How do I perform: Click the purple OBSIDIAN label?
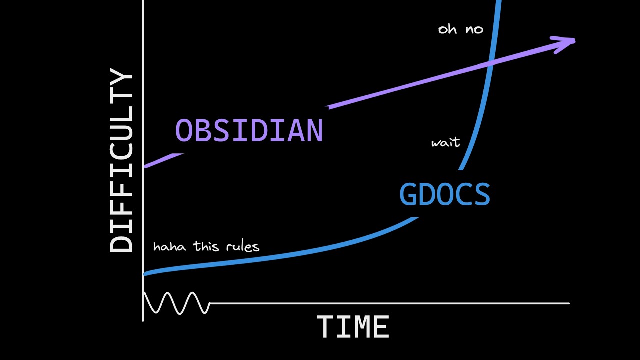(249, 130)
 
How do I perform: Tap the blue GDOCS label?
(445, 194)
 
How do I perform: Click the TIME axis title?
(353, 327)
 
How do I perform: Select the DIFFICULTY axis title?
(121, 160)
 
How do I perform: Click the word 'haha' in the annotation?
(169, 247)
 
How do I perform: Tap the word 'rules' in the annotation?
(243, 247)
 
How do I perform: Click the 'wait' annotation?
(445, 142)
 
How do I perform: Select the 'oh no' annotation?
(461, 29)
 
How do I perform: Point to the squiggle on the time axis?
(177, 303)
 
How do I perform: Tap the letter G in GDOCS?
(407, 194)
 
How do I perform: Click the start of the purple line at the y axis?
(145, 166)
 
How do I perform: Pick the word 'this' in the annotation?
(206, 246)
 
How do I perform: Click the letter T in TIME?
(325, 327)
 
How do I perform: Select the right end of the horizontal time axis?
(569, 303)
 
